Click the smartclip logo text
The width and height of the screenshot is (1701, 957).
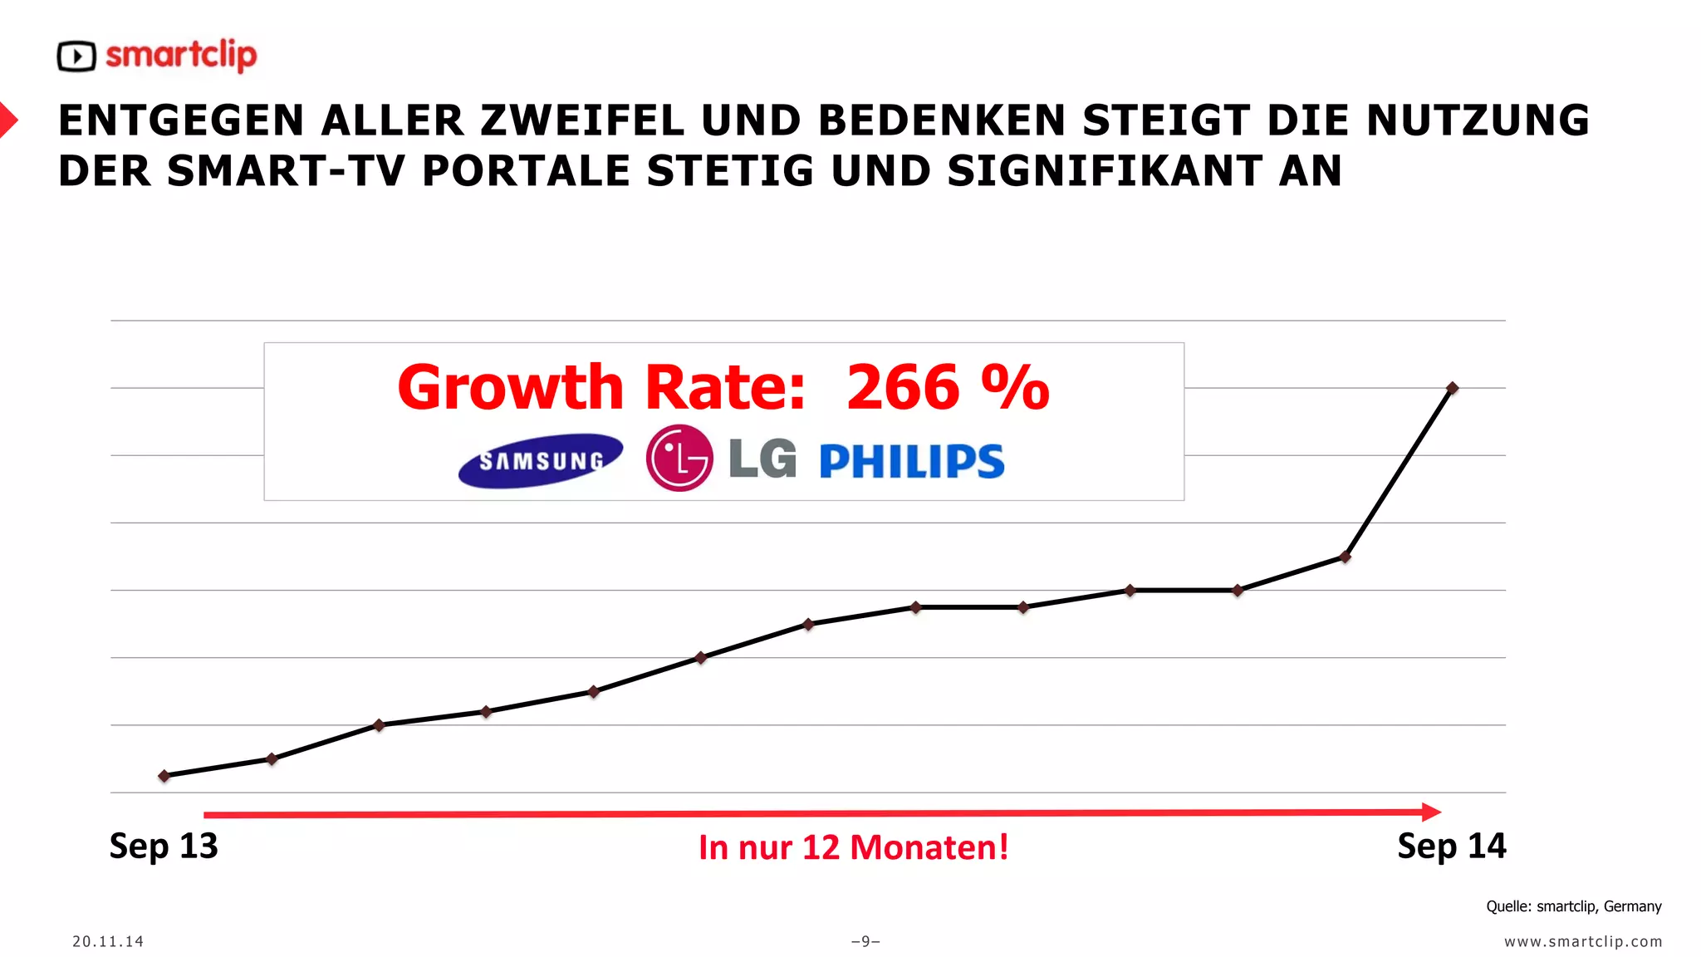point(181,56)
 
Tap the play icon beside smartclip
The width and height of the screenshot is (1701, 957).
point(76,56)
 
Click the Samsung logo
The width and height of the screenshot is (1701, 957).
point(541,460)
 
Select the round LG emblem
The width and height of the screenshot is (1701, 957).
point(679,458)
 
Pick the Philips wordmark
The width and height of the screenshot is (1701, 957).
point(912,461)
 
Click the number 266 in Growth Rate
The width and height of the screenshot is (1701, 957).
point(903,387)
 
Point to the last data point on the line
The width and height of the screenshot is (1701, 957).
point(1452,388)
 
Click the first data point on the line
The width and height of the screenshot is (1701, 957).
point(164,776)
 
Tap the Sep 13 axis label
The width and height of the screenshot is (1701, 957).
point(164,846)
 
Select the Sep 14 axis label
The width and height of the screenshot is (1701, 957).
point(1451,846)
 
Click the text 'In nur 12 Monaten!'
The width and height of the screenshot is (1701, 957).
point(853,847)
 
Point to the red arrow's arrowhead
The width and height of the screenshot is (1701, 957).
point(1431,812)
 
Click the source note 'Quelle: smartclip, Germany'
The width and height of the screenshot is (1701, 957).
point(1573,906)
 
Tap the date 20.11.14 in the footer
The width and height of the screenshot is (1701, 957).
point(108,941)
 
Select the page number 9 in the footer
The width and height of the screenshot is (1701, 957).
point(865,941)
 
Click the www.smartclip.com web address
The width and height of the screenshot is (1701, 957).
point(1583,941)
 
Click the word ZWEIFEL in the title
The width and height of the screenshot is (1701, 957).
point(582,120)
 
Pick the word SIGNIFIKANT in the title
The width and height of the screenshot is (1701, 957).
point(1105,171)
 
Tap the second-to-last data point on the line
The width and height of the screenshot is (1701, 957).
point(1346,557)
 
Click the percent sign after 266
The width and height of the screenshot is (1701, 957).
point(1015,387)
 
